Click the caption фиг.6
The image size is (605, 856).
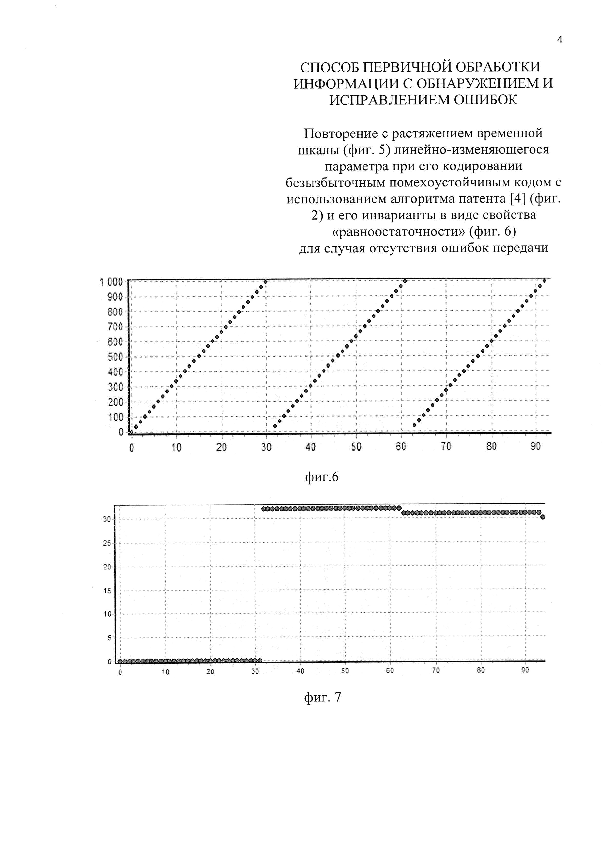[x=322, y=477]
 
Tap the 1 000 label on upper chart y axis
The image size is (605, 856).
[x=111, y=282]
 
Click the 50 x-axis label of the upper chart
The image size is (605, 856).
[x=356, y=447]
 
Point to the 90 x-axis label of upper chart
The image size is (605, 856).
[x=536, y=447]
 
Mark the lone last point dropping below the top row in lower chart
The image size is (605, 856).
[x=543, y=517]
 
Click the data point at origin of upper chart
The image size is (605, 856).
[x=131, y=432]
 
